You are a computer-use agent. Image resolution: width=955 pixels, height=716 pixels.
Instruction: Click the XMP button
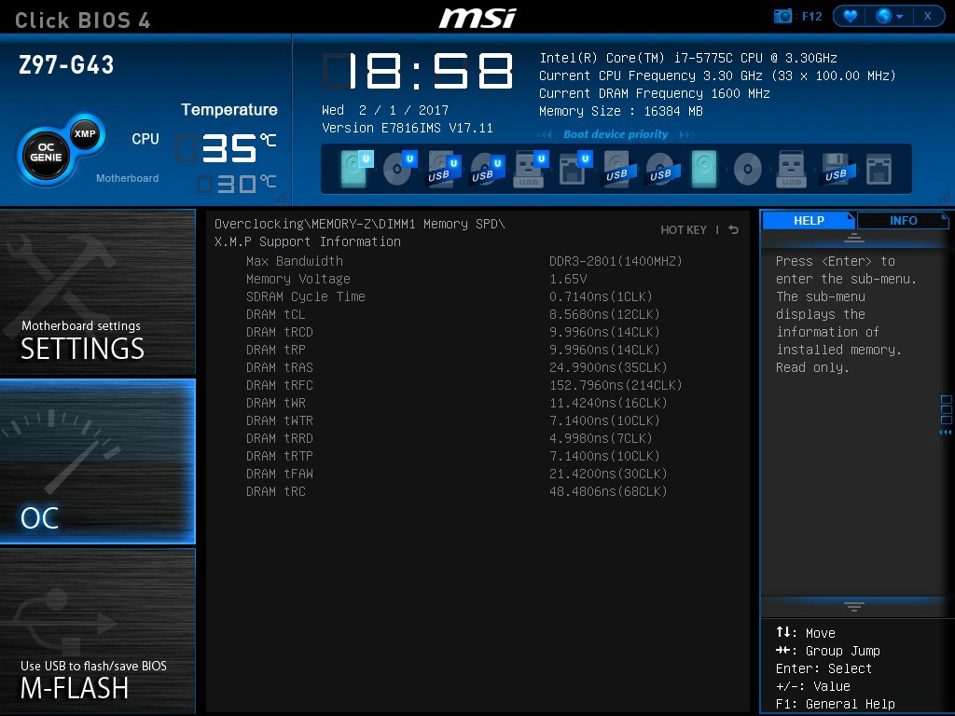(85, 133)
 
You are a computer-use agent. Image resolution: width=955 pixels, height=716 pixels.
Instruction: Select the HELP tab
(809, 221)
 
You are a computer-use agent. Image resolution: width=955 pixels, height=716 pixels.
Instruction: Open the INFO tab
(903, 221)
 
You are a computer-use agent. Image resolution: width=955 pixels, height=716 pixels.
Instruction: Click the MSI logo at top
(477, 17)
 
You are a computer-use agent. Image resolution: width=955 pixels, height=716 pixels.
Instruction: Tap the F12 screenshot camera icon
(783, 16)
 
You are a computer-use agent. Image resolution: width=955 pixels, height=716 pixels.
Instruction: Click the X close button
(927, 16)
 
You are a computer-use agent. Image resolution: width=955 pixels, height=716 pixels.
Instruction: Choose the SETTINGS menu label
(82, 349)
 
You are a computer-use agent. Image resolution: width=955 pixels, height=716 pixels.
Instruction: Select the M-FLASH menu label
(75, 688)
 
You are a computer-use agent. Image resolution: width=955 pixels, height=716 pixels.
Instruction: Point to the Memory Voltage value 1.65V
(568, 279)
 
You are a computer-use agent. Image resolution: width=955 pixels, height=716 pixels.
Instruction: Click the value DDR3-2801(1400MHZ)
(616, 261)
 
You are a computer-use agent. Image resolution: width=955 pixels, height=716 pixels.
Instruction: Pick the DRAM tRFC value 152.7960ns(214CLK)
(616, 385)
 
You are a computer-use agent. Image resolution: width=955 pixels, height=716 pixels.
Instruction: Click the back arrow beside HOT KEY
(734, 229)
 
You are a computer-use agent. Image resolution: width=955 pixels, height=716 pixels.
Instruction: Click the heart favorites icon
(850, 16)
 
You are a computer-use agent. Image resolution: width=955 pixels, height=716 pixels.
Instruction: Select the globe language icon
(883, 16)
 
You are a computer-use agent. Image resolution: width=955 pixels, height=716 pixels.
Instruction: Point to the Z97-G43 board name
(66, 65)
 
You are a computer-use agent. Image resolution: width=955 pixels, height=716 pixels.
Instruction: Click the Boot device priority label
(616, 134)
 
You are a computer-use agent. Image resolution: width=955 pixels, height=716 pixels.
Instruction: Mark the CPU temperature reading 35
(229, 148)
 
